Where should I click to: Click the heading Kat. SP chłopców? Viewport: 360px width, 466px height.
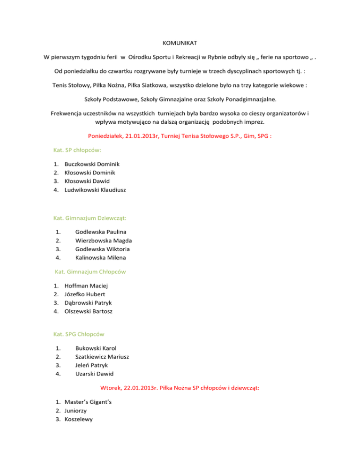click(77, 150)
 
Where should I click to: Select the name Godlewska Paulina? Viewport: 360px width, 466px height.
click(101, 232)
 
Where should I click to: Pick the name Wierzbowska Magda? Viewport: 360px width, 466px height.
click(104, 241)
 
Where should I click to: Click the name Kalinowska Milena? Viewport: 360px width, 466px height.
click(101, 257)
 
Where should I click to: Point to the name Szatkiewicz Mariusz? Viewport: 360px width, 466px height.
click(103, 357)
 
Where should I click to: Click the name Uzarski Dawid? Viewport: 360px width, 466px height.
click(94, 374)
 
